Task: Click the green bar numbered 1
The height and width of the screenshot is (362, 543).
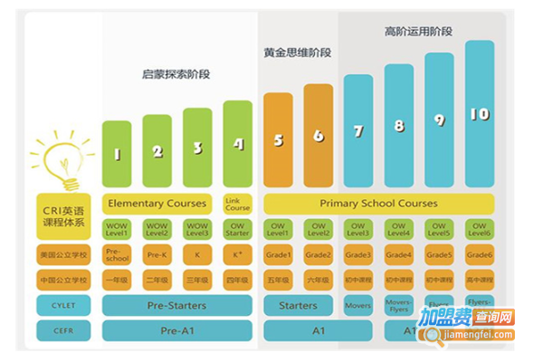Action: [117, 154]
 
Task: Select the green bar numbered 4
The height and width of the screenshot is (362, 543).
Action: [238, 145]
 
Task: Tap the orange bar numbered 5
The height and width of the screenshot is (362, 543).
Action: [278, 140]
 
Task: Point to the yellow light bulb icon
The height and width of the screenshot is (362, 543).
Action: [61, 158]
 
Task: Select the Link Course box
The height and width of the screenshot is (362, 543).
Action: [238, 204]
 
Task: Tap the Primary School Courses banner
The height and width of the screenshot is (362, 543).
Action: [378, 204]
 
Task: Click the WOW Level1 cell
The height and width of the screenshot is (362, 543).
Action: [117, 230]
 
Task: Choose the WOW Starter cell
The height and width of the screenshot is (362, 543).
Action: [238, 230]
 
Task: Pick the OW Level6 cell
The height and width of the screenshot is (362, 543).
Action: [480, 230]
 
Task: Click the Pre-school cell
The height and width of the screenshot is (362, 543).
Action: [117, 254]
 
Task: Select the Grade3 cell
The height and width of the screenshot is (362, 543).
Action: [359, 255]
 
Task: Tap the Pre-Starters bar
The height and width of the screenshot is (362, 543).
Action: [177, 306]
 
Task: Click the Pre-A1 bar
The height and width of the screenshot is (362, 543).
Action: [177, 331]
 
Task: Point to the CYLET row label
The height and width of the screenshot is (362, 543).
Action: [64, 306]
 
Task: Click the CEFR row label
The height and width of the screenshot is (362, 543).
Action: [64, 331]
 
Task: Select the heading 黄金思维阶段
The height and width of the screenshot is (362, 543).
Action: [297, 52]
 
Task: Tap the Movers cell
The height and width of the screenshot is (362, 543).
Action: [359, 306]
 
